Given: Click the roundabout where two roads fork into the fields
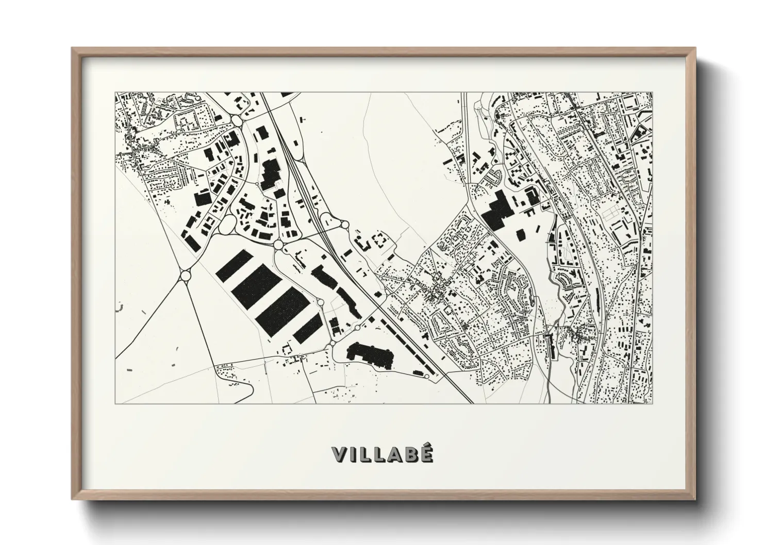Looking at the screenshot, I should coord(185,276).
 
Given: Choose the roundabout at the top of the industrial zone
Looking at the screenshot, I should coord(237,121).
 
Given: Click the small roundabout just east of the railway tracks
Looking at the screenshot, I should coord(344,225).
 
